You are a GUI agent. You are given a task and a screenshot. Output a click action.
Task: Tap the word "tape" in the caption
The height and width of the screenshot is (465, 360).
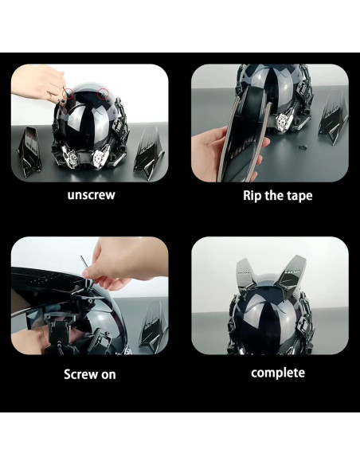tap(295, 196)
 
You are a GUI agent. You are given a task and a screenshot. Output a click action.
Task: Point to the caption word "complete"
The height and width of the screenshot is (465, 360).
tap(277, 373)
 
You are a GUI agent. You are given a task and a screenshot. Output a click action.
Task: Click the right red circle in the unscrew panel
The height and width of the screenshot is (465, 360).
tap(103, 95)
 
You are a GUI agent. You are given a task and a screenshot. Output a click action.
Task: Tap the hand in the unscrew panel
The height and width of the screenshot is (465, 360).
tap(40, 80)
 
